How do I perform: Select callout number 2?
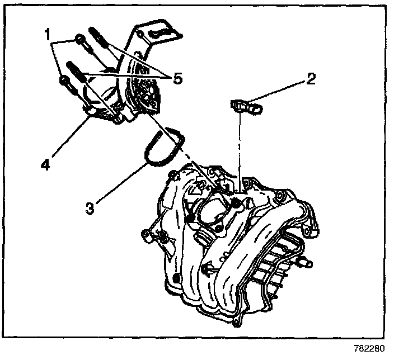[310, 78]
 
